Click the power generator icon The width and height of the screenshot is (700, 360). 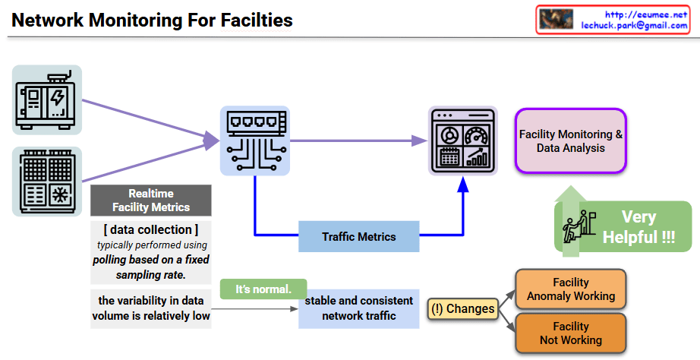coord(47,99)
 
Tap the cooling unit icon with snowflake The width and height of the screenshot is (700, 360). coord(47,182)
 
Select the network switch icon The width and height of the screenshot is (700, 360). coord(255,141)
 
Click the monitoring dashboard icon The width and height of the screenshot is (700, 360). coord(463,141)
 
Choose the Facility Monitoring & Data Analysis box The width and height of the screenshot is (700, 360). coord(571,141)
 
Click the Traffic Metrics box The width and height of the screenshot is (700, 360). coord(359,237)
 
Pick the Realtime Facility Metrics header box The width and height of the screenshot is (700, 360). coord(151,201)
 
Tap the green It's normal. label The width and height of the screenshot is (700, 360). coord(263,289)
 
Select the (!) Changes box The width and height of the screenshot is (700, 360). coord(462,308)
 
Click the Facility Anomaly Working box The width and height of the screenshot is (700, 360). coord(571,289)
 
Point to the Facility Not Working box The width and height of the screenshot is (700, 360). coord(571,333)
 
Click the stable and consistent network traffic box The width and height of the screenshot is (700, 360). coord(359,308)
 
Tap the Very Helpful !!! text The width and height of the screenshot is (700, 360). coord(639,227)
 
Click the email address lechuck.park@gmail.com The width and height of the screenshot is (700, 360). coord(634,25)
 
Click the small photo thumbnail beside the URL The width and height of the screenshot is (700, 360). coord(556,20)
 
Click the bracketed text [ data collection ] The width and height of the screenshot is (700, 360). coord(151,230)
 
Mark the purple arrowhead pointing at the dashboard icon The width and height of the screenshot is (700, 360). coord(419,141)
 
